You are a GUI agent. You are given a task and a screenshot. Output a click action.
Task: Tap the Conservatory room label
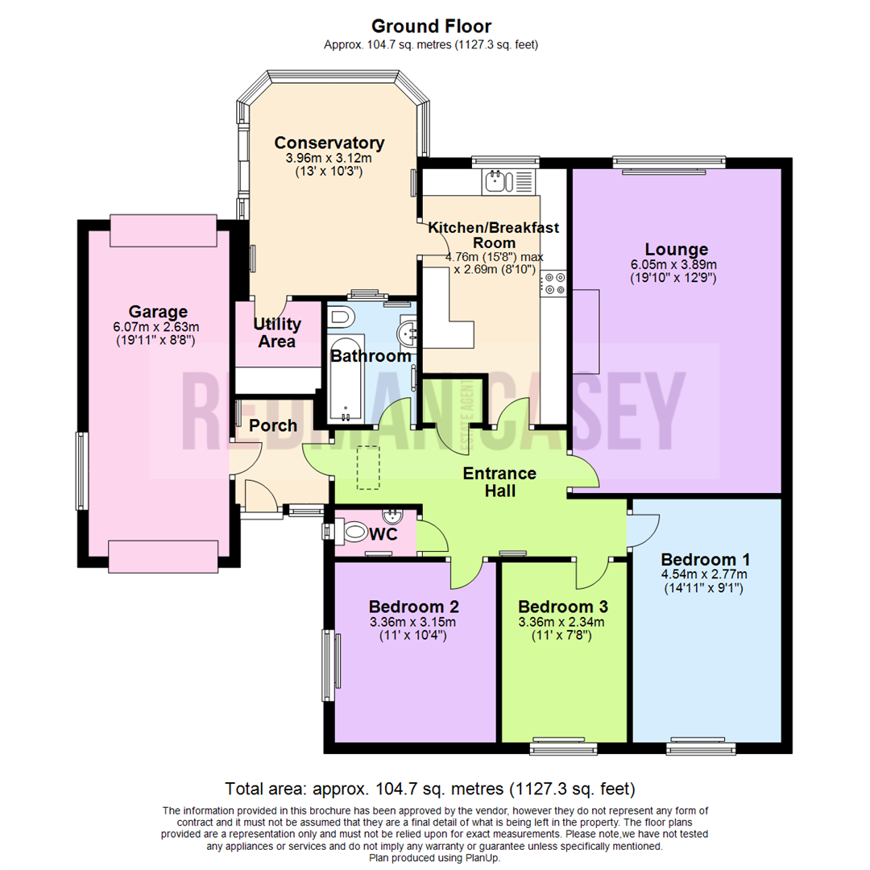[329, 143]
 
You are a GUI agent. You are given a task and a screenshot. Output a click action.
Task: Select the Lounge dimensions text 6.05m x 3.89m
[676, 264]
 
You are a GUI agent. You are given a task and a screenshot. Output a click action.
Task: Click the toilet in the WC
[353, 532]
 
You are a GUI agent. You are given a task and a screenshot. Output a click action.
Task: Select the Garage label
[158, 311]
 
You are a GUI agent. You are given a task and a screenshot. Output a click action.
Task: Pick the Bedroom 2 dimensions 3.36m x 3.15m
[412, 622]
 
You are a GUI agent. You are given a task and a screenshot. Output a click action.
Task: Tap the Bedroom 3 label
[562, 607]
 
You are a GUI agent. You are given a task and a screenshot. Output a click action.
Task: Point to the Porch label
[272, 425]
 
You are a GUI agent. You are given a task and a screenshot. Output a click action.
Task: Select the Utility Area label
[277, 333]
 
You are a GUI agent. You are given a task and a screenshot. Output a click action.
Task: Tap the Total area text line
[430, 788]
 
